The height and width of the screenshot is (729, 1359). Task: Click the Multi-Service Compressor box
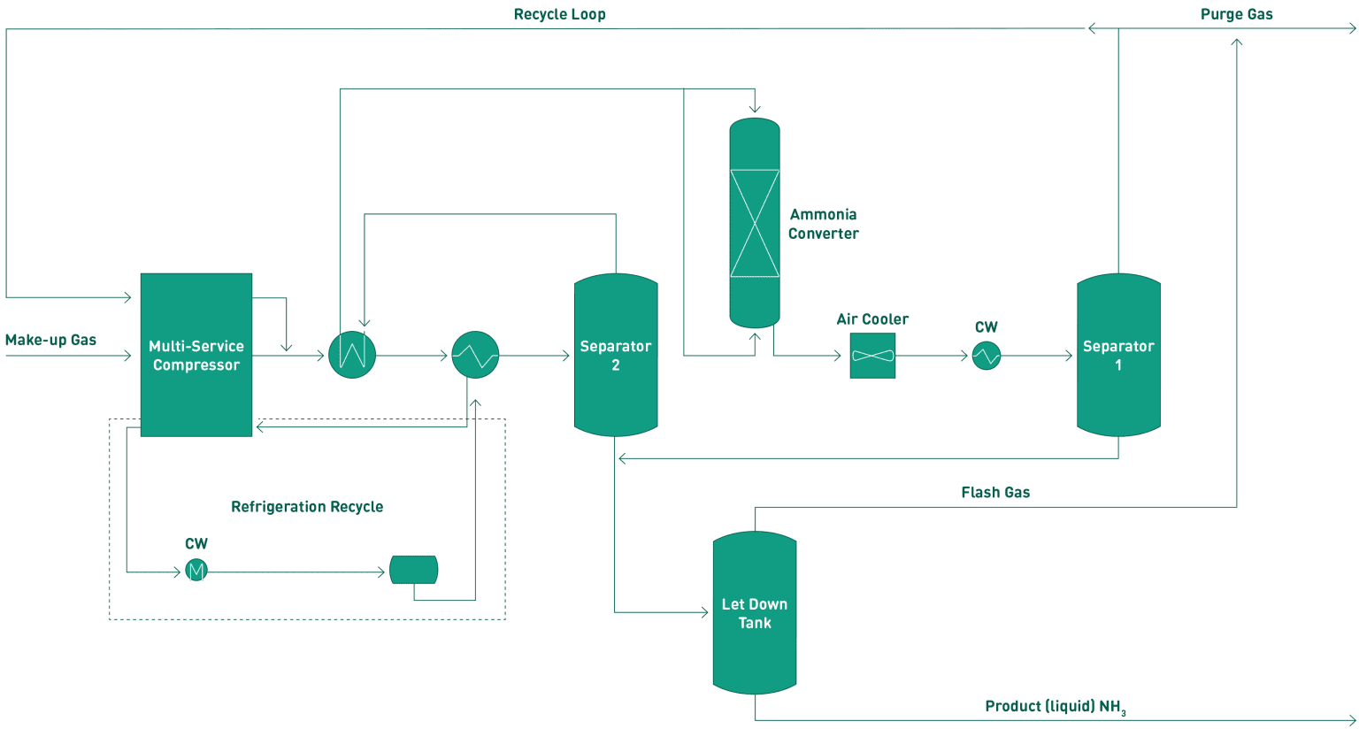196,355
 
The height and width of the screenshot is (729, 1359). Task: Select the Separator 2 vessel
616,355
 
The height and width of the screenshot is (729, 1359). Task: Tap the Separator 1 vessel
1118,355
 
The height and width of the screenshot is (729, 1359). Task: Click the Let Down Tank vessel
755,612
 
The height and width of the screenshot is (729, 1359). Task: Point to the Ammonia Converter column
755,223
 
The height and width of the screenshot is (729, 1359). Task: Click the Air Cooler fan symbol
872,356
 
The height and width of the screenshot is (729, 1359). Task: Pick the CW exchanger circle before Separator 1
986,356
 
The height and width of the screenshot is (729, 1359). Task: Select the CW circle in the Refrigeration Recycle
196,571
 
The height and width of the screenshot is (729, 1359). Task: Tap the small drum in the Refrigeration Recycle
414,570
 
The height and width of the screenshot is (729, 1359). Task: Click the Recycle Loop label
559,14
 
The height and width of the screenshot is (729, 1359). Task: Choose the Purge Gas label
1236,14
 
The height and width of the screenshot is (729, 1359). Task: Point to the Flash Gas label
995,492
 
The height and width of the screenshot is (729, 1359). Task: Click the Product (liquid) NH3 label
1055,707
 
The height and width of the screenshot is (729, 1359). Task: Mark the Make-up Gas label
50,340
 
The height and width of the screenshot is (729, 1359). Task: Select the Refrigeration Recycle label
307,506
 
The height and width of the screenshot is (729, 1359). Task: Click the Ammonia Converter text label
824,224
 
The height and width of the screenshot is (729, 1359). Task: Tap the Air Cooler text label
872,318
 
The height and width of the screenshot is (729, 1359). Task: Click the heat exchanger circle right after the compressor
352,356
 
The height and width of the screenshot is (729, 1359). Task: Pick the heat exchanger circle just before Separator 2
475,356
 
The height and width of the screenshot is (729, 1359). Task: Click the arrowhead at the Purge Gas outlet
1350,29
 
